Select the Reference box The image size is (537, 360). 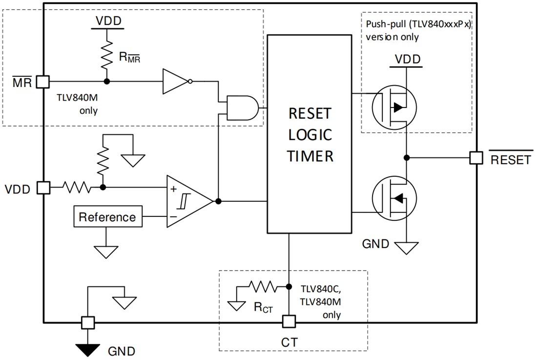click(108, 217)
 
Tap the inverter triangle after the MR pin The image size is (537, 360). click(176, 81)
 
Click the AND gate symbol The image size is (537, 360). click(243, 107)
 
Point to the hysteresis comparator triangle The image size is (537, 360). click(187, 201)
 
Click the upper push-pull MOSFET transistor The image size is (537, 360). click(393, 107)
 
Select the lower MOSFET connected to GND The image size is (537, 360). click(393, 198)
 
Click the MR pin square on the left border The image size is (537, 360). click(43, 82)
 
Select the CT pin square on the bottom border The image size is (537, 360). click(289, 322)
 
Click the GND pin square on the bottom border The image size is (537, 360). click(87, 322)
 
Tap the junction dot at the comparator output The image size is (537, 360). click(218, 201)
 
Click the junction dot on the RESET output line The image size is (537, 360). click(406, 157)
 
